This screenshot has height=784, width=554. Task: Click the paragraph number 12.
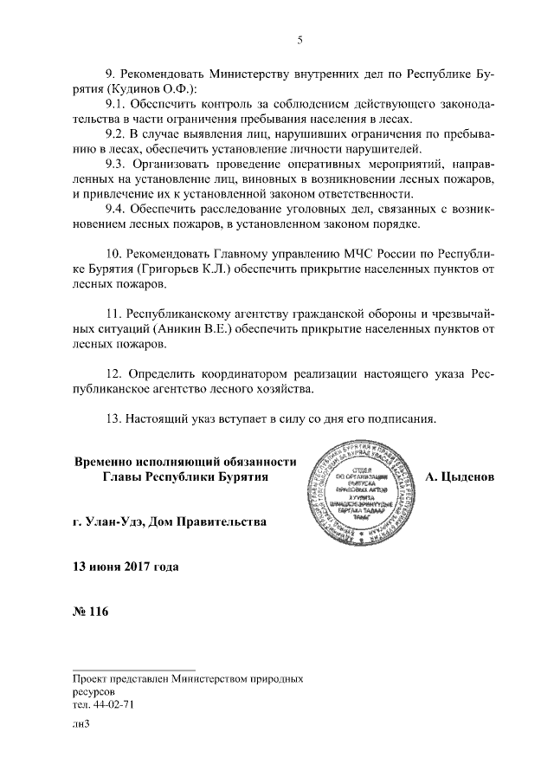tap(113, 373)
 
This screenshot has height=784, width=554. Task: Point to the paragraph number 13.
tap(113, 419)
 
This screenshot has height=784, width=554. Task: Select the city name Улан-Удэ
tap(117, 522)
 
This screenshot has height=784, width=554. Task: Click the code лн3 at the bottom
tap(82, 729)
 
